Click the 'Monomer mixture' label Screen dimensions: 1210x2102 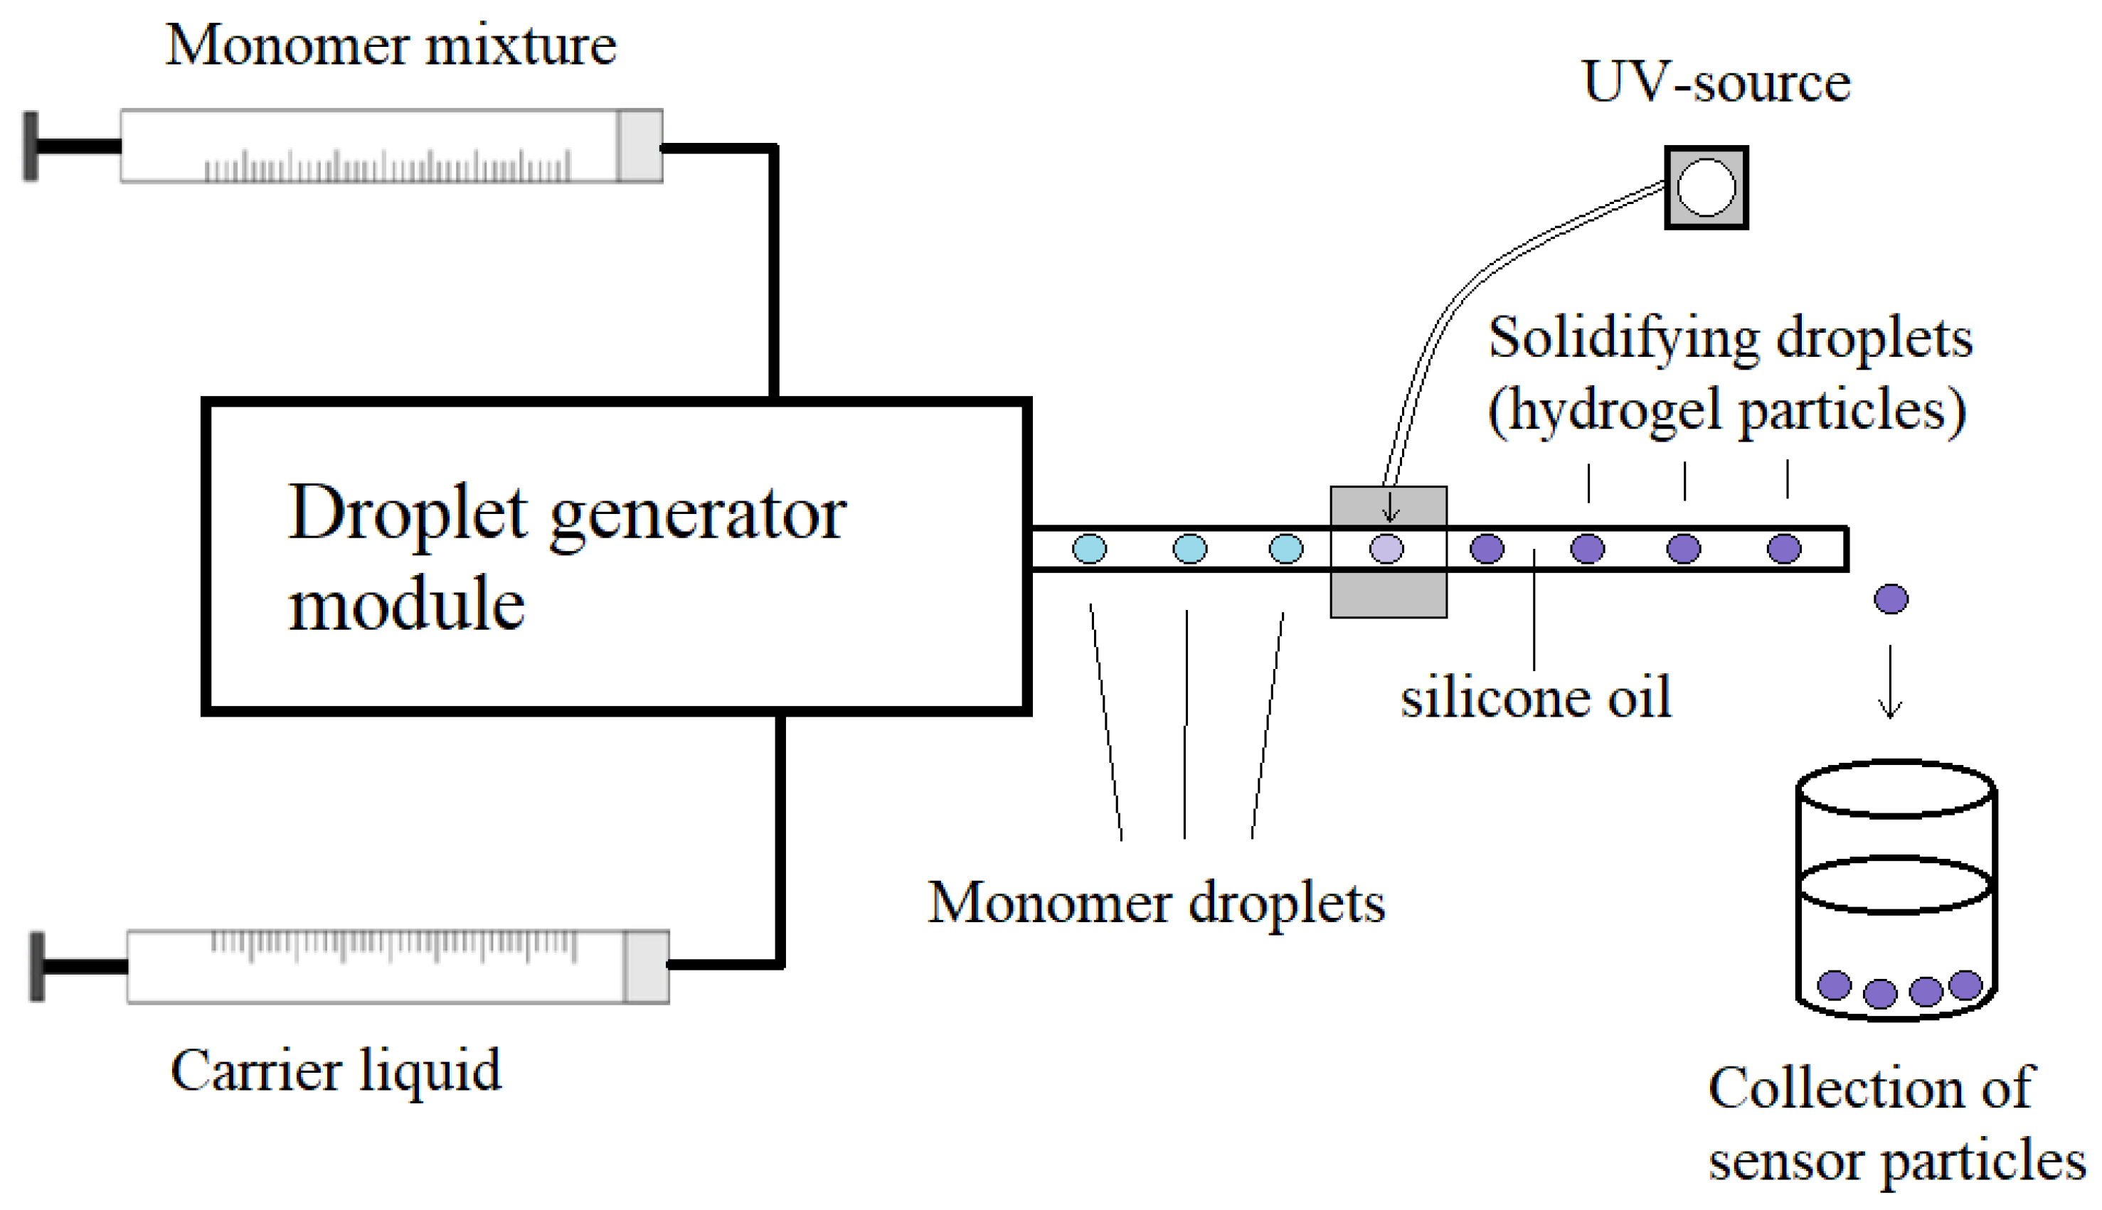pyautogui.click(x=391, y=45)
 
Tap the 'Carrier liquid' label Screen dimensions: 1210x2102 pyautogui.click(x=336, y=1071)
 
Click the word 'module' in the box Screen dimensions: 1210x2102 pyautogui.click(x=407, y=605)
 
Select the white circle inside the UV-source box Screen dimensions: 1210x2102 pyautogui.click(x=1706, y=188)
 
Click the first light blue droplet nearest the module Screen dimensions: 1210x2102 pyautogui.click(x=1089, y=549)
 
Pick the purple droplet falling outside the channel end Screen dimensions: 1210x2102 pyautogui.click(x=1891, y=599)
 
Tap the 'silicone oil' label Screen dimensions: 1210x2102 pyautogui.click(x=1535, y=698)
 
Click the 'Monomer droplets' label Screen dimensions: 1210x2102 pyautogui.click(x=1157, y=904)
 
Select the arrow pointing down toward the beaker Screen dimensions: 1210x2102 pyautogui.click(x=1890, y=682)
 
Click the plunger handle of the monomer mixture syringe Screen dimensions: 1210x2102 pyautogui.click(x=31, y=146)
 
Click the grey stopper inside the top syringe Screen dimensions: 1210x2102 pyautogui.click(x=639, y=146)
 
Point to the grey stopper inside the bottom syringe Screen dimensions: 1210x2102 pyautogui.click(x=646, y=966)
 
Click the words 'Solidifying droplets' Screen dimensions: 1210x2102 pyautogui.click(x=1729, y=339)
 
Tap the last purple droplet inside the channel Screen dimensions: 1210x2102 pyautogui.click(x=1783, y=549)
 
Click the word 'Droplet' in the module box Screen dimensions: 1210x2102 pyautogui.click(x=408, y=513)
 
